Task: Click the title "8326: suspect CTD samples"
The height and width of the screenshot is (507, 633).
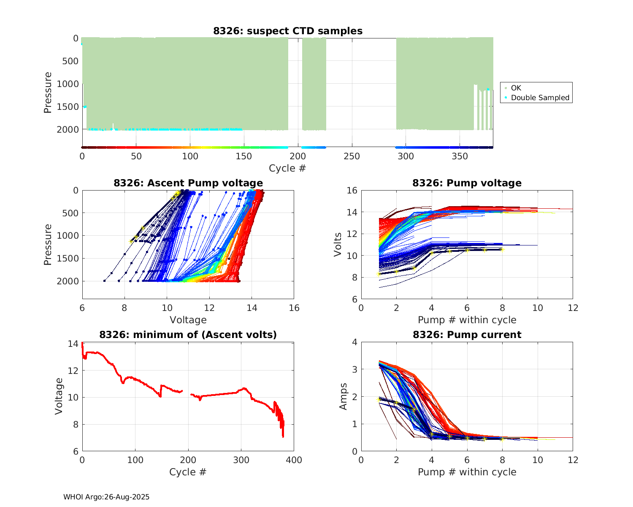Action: click(287, 31)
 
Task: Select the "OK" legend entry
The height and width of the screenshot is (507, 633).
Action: click(516, 88)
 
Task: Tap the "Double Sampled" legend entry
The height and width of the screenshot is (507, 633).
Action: click(540, 98)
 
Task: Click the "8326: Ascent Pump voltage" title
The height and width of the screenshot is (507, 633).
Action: click(188, 183)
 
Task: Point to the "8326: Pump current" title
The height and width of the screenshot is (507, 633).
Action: click(467, 335)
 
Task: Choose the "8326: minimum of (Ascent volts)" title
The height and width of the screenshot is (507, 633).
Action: click(188, 335)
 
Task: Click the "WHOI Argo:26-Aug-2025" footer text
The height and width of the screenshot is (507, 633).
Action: click(106, 497)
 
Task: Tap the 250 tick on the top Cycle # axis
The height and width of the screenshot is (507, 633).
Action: click(352, 156)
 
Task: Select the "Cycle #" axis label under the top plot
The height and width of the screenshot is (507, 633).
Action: click(287, 168)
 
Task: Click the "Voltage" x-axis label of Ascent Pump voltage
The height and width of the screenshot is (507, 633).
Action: click(188, 320)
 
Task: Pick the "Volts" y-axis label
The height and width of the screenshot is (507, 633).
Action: click(338, 245)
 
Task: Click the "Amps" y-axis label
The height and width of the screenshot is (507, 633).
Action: click(344, 396)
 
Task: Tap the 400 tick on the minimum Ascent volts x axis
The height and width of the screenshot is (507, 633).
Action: click(294, 460)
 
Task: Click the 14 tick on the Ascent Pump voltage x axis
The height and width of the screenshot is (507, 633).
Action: click(252, 308)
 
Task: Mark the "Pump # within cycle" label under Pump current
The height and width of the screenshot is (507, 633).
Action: click(467, 472)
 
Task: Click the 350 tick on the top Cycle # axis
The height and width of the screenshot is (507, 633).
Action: click(460, 156)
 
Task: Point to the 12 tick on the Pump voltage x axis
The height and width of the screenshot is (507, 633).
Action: click(573, 308)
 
